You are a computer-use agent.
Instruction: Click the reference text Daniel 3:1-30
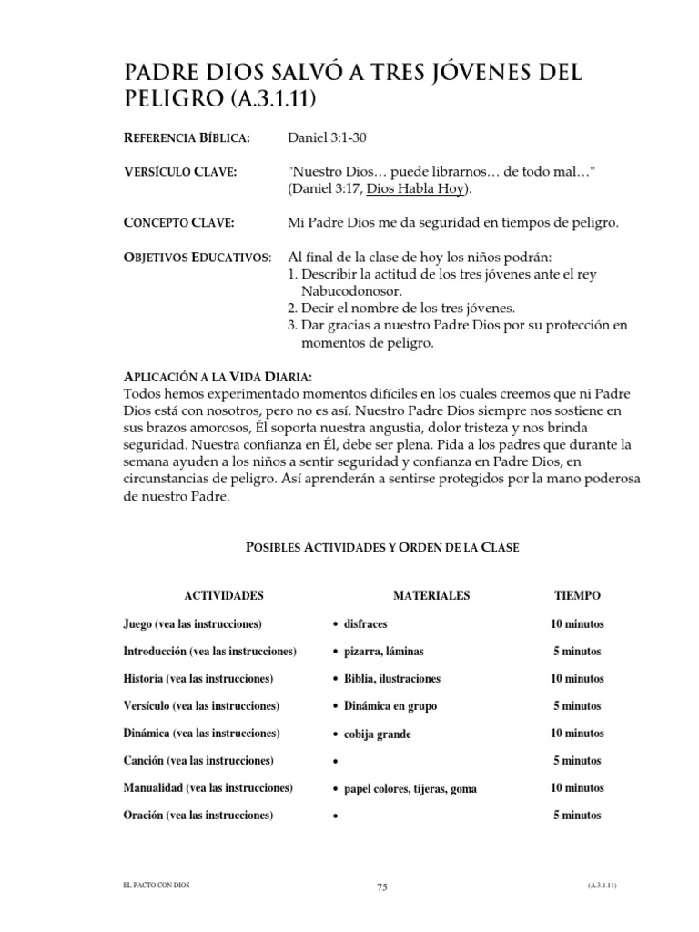coord(328,137)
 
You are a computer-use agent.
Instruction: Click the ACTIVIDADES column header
coord(224,595)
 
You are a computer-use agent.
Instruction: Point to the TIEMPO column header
coord(577,595)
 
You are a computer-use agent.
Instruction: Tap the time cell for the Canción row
coord(577,761)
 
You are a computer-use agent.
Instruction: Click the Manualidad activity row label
coord(208,787)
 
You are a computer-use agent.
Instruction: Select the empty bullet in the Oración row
coord(336,816)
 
